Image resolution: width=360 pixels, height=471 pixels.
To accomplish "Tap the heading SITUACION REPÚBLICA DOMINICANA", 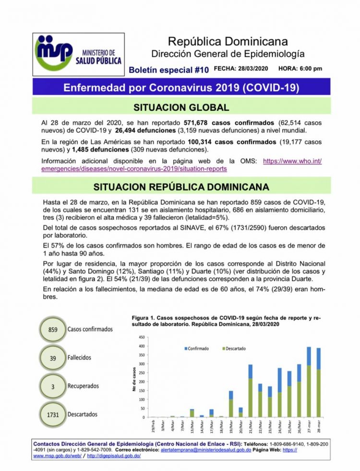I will pyautogui.click(x=181, y=186).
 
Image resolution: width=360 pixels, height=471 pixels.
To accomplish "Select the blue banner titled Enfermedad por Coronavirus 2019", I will pyautogui.click(x=181, y=88).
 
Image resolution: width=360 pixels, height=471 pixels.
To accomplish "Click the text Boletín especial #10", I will pyautogui.click(x=169, y=70).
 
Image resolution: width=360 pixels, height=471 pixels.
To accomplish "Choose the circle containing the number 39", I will pyautogui.click(x=53, y=358).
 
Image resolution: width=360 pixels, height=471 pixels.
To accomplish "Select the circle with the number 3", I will pyautogui.click(x=53, y=386).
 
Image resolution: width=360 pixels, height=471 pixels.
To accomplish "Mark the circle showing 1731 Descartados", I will pyautogui.click(x=53, y=413).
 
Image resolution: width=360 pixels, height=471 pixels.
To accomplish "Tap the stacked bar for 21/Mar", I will pyautogui.click(x=250, y=391).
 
